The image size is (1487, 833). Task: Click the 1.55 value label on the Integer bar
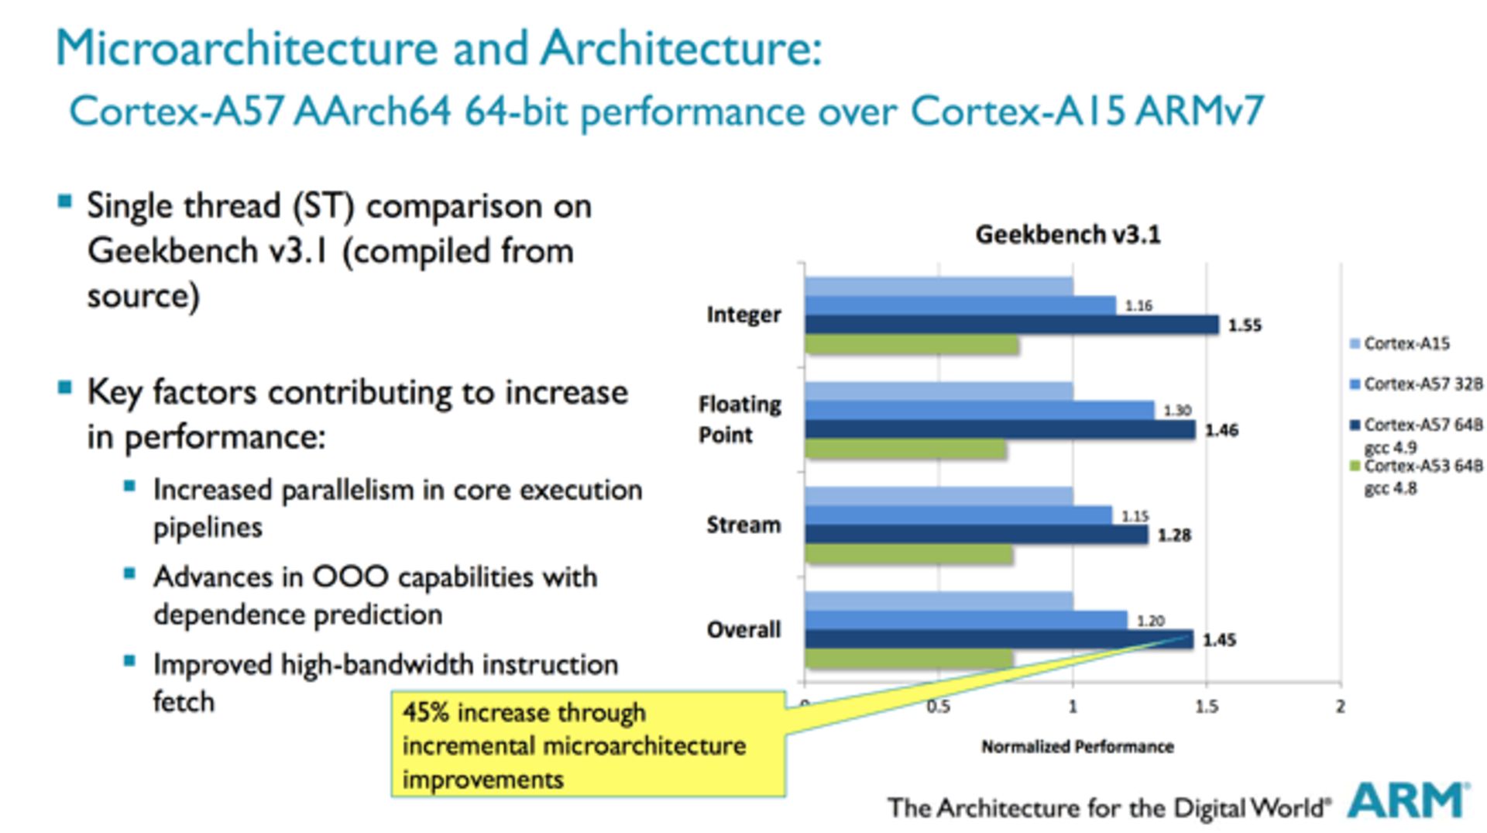tap(1245, 325)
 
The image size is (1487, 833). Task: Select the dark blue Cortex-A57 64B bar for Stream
tap(976, 534)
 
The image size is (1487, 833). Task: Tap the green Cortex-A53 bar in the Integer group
tap(912, 344)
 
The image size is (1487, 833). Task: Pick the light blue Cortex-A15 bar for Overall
tap(939, 601)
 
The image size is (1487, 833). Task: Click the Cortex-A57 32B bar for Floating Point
tap(980, 410)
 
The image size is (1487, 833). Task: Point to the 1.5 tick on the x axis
tap(1206, 706)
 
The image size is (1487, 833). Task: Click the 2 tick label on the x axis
tap(1340, 706)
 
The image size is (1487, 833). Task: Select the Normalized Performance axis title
tap(1077, 747)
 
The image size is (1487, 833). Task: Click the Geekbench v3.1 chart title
tap(1068, 235)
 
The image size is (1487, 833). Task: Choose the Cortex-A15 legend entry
tap(1406, 343)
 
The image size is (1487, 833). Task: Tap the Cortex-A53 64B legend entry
tap(1421, 466)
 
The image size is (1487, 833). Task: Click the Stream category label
tap(743, 525)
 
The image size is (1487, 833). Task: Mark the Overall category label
tap(743, 629)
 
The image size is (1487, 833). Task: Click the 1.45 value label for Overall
tap(1219, 640)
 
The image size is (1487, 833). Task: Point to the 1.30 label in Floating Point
tap(1176, 411)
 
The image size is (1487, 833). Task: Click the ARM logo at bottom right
tap(1407, 801)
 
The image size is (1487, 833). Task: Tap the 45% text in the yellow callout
tap(426, 713)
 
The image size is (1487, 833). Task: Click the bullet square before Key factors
tap(65, 388)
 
